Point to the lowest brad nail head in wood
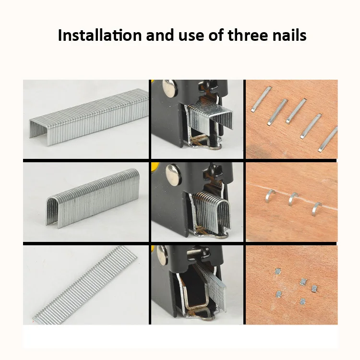pos(303,301)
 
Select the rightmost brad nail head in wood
pos(314,288)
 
